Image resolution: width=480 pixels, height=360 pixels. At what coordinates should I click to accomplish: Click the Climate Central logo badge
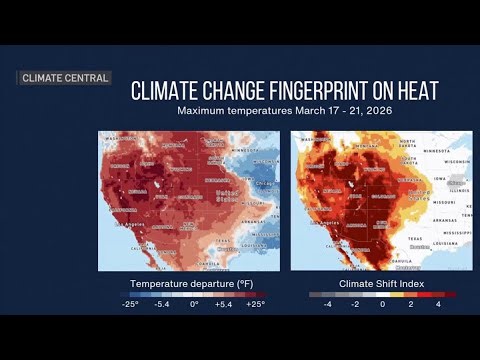[65, 78]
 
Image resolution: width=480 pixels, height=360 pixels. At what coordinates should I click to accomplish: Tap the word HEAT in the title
[414, 91]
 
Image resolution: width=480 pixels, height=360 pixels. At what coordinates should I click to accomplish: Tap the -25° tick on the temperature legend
[130, 304]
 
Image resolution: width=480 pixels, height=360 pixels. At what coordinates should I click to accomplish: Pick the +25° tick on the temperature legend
[255, 304]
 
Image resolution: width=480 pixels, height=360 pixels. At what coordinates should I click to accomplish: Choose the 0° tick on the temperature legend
[194, 304]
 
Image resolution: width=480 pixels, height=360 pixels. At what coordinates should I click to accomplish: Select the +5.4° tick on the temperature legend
[224, 304]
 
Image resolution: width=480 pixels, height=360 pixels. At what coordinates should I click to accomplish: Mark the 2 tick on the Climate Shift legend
[410, 304]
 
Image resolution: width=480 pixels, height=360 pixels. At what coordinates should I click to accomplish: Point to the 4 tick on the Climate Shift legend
[438, 304]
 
